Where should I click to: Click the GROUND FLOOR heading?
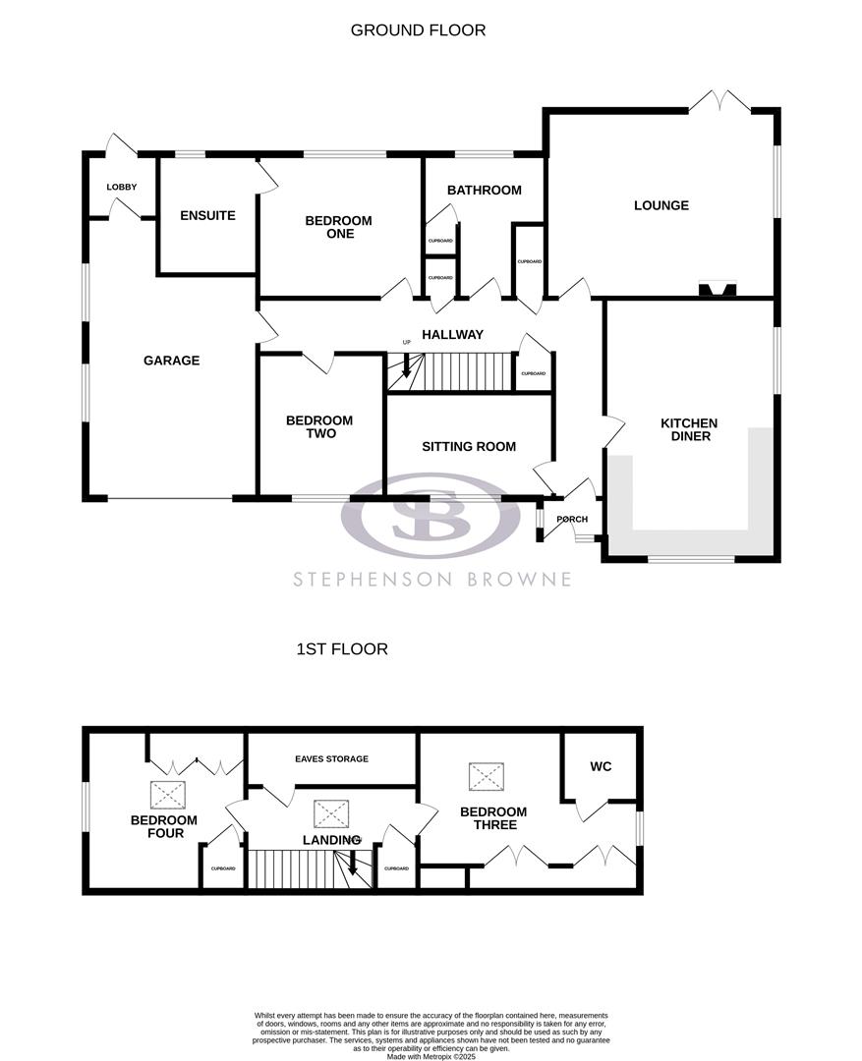click(x=418, y=30)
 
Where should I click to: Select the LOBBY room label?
click(x=122, y=188)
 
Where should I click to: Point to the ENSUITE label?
click(x=207, y=215)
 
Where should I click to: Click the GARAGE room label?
click(x=171, y=361)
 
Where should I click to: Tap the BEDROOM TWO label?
click(x=318, y=427)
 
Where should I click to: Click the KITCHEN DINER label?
click(x=689, y=429)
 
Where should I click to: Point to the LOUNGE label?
click(x=661, y=205)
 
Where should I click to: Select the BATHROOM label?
click(x=484, y=190)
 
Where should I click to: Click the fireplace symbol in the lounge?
click(x=717, y=289)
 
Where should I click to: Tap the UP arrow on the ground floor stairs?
click(x=406, y=367)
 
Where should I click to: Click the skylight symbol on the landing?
click(x=330, y=813)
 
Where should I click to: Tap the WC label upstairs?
click(x=601, y=766)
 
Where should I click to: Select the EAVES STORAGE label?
click(x=331, y=758)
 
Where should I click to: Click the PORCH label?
click(x=571, y=520)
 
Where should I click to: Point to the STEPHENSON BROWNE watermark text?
click(x=431, y=579)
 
